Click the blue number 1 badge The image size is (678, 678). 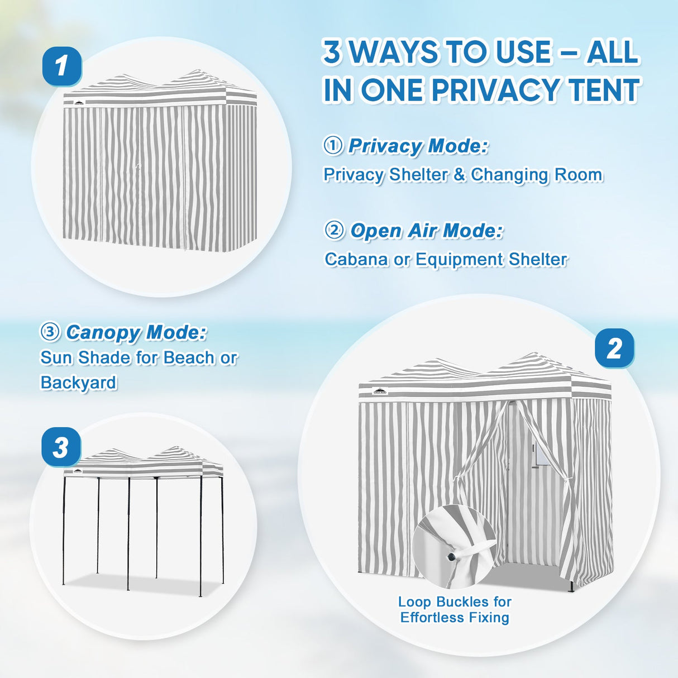click(x=63, y=66)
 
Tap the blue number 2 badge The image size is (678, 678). click(x=614, y=348)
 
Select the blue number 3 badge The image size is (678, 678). click(x=61, y=447)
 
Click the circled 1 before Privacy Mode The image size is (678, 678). click(x=333, y=146)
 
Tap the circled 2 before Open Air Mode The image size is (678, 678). click(x=334, y=231)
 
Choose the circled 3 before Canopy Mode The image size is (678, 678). click(x=51, y=332)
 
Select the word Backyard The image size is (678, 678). click(x=78, y=383)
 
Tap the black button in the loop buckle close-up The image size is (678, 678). click(x=451, y=557)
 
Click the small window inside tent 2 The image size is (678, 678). click(x=539, y=456)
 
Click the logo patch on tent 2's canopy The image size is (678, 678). click(x=380, y=391)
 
